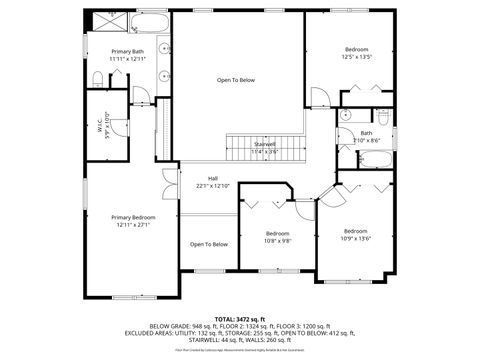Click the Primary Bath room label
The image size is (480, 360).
tap(127, 51)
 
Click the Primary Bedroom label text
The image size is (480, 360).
tap(132, 217)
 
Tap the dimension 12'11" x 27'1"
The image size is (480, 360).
tap(132, 225)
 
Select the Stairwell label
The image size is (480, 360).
tap(264, 144)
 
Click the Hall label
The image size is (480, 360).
tap(213, 178)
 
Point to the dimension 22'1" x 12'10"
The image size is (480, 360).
tap(213, 186)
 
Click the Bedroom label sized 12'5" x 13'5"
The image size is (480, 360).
tap(357, 49)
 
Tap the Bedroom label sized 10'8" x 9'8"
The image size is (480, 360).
tap(277, 233)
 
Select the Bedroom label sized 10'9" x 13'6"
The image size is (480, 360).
tap(356, 230)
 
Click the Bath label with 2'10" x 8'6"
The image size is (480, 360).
tap(366, 133)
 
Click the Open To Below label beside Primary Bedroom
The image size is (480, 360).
tap(209, 244)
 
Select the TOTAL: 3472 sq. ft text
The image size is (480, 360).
tap(240, 317)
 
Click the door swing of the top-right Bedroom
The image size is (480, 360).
tap(319, 97)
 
